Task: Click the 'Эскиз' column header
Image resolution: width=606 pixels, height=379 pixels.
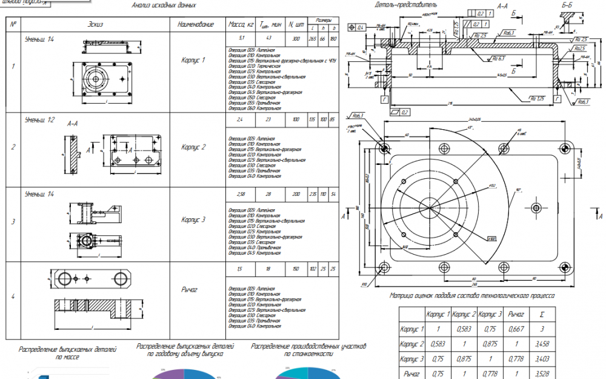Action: point(95,24)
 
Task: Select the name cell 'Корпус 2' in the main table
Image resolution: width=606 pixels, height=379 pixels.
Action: point(194,147)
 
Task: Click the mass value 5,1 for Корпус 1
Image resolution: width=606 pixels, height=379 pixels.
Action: point(242,38)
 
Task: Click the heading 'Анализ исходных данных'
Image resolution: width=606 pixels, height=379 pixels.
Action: point(164,5)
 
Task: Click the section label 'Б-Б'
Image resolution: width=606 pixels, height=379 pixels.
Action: point(568,6)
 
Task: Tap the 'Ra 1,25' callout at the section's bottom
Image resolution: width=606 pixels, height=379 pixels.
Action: point(536,99)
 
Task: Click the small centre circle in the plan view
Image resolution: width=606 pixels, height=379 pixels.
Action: point(429,209)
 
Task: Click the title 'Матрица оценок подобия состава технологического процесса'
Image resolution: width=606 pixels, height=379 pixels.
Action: point(471,297)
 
